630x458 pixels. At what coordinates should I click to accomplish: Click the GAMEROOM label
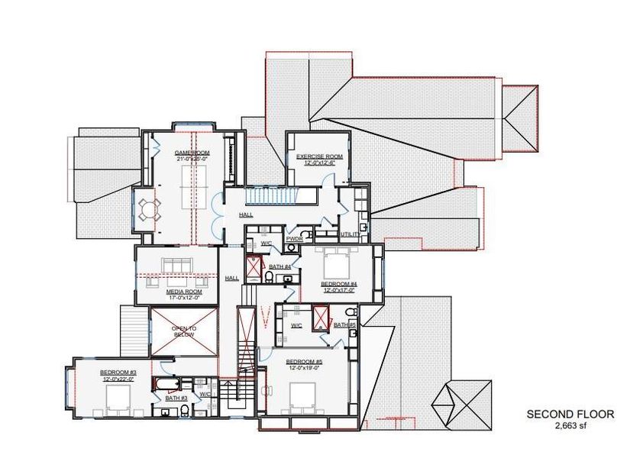coord(192,153)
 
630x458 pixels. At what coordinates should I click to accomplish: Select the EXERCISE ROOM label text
coord(320,156)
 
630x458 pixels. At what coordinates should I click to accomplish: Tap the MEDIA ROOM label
coord(183,292)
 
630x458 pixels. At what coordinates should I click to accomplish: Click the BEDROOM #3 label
coord(117,373)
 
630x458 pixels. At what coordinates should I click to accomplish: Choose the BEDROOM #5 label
coord(304,361)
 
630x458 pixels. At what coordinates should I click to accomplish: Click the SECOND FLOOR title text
coord(570,414)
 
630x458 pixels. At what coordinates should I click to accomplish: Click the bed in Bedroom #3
coord(118,398)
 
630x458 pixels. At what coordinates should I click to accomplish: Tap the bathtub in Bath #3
coord(167,384)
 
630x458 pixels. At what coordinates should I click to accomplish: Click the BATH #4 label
coord(279,266)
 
